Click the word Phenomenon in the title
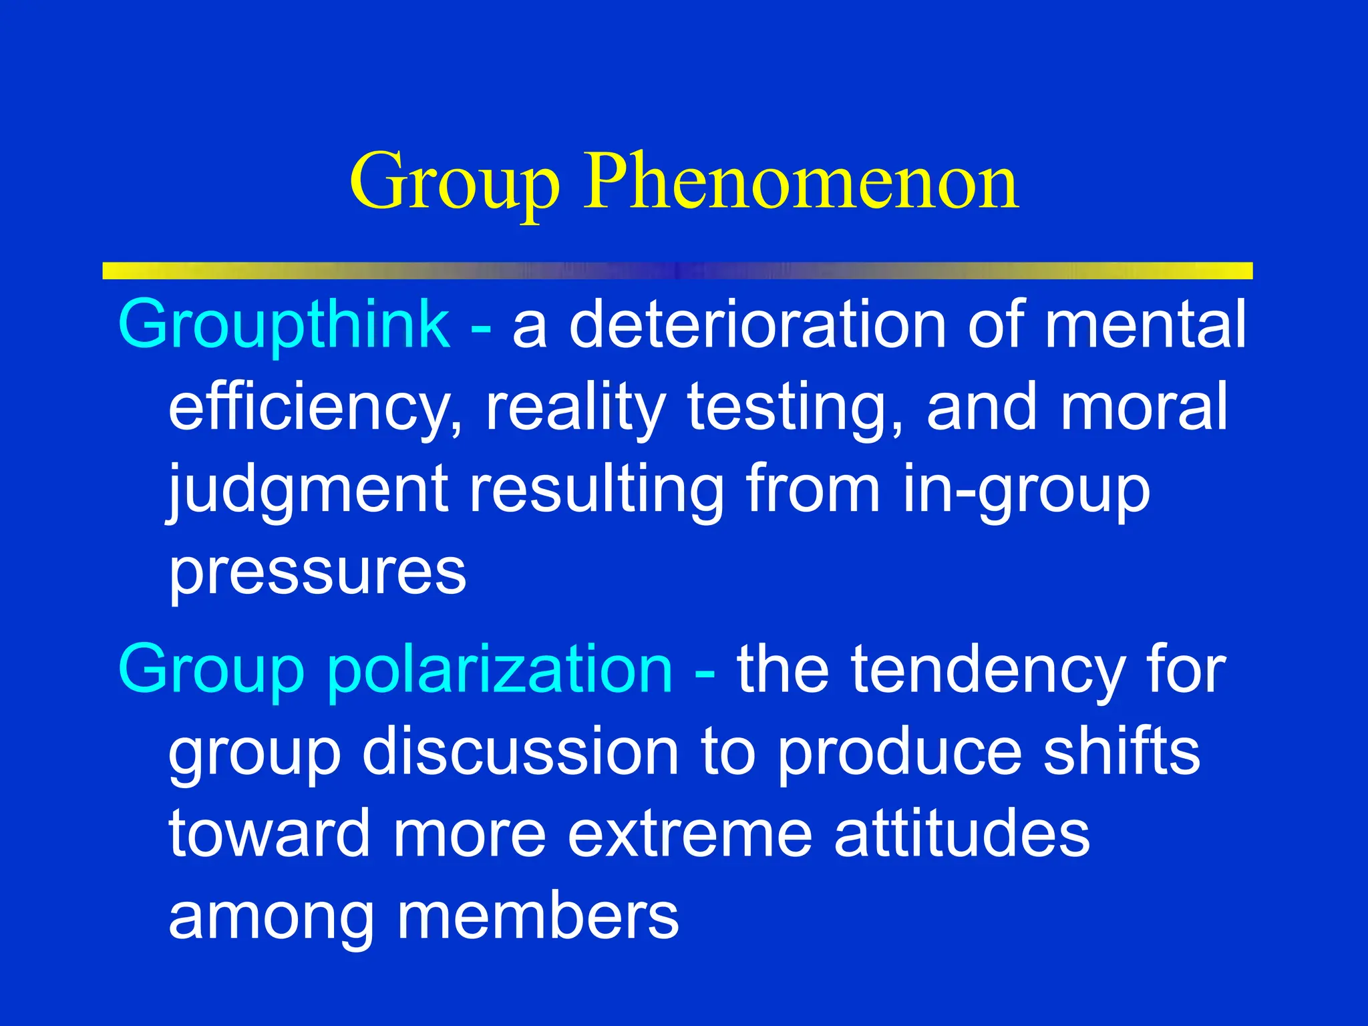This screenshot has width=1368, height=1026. [802, 182]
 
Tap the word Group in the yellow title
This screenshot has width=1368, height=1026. [454, 182]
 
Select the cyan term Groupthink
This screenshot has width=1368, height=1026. [285, 325]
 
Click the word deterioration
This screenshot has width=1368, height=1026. [757, 325]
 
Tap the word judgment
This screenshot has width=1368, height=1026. [307, 490]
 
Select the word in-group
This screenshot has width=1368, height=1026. [1026, 490]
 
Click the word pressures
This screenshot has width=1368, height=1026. [317, 573]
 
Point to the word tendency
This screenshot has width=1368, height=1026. [989, 669]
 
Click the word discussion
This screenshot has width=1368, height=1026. [521, 752]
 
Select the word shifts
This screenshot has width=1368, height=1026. [1122, 752]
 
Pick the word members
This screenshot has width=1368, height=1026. [538, 916]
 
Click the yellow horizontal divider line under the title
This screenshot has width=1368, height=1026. [677, 271]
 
